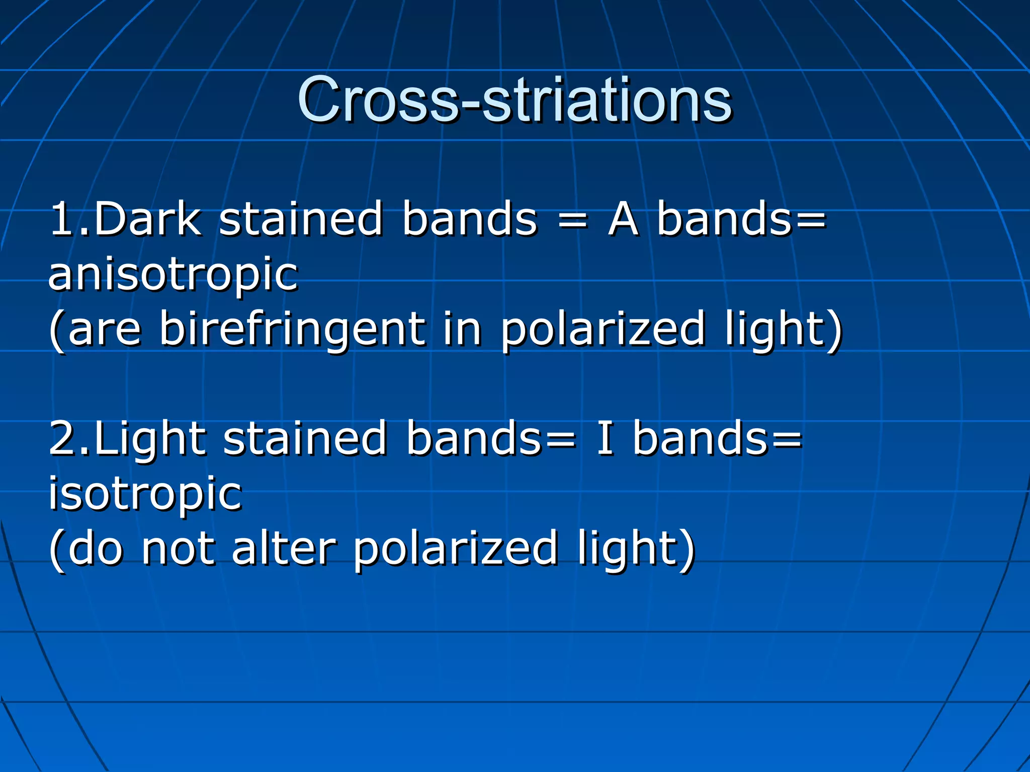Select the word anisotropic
[x=173, y=275]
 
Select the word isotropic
[x=145, y=495]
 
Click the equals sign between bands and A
[x=573, y=219]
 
